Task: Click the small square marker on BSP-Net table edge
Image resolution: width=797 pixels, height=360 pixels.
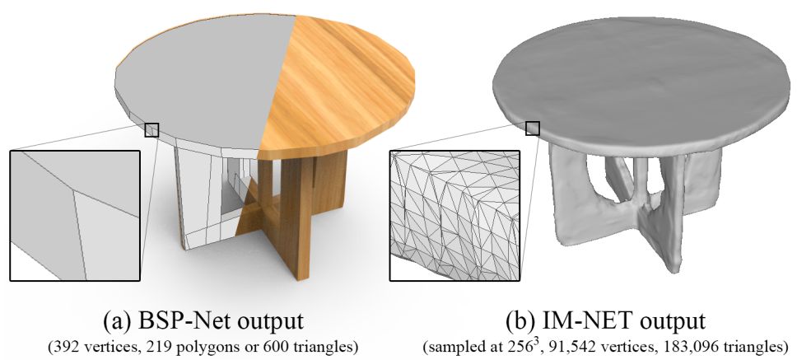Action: coord(151,129)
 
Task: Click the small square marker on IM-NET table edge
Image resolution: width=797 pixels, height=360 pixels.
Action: coord(533,128)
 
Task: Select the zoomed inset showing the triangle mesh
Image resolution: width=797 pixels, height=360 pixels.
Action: coord(454,215)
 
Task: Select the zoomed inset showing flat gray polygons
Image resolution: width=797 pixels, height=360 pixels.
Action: coord(75,215)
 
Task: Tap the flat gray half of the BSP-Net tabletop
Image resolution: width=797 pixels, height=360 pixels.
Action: coord(198,82)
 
